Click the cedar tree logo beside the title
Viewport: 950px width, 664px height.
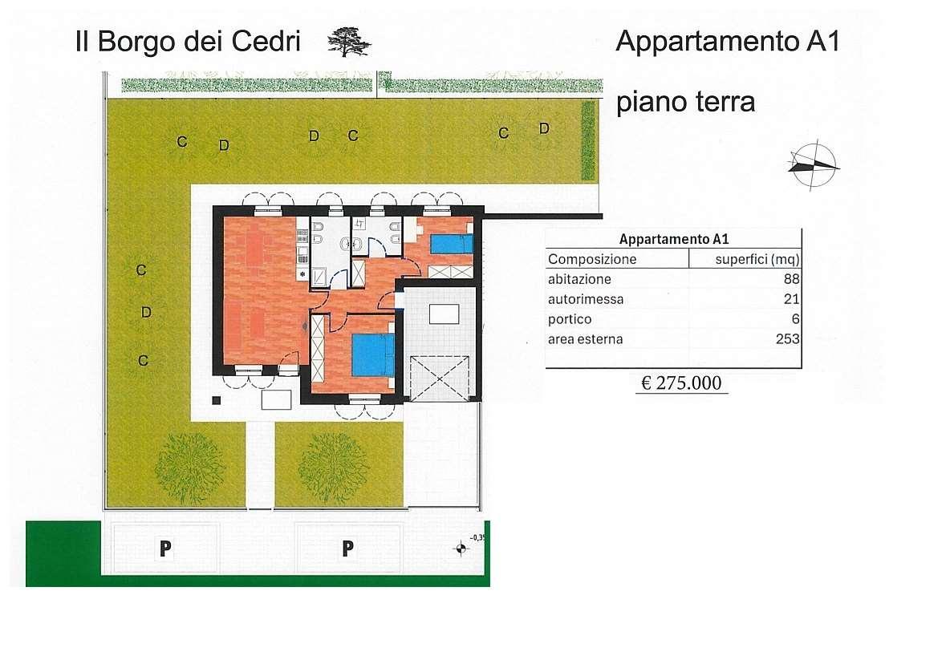pos(349,41)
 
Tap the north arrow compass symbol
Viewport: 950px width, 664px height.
pos(814,166)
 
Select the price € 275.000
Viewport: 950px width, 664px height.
pos(681,383)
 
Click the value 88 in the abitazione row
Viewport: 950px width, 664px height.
pos(791,279)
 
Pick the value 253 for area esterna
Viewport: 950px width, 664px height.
pos(787,339)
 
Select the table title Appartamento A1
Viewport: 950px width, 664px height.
pos(673,239)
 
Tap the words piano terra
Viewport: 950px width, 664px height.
pos(685,103)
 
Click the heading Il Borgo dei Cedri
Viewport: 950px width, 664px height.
pos(188,42)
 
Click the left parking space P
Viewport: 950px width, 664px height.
pos(165,549)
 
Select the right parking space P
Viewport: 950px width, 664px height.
pos(347,549)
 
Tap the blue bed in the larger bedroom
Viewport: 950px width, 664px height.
pos(373,354)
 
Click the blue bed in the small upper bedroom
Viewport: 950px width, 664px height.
pos(450,244)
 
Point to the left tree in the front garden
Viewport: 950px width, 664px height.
pos(190,468)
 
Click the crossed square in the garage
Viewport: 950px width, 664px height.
pos(438,378)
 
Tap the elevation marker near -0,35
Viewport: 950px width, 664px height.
pos(461,549)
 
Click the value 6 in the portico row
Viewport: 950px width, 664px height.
pos(795,319)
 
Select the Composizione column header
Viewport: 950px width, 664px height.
pos(592,259)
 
